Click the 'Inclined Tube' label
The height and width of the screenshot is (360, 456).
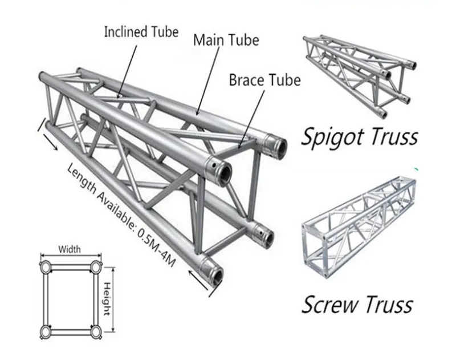(x=141, y=31)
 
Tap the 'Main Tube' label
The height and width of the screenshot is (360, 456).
(x=226, y=40)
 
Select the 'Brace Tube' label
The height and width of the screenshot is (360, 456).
(x=264, y=80)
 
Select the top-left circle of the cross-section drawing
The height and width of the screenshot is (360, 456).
(x=46, y=266)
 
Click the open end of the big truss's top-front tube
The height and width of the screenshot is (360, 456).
(x=221, y=169)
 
